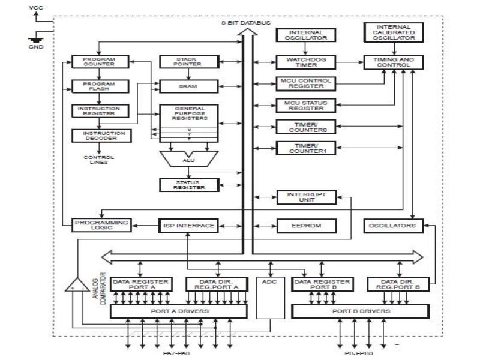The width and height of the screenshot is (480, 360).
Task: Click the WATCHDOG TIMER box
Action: [306, 62]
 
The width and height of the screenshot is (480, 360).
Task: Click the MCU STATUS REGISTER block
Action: [306, 106]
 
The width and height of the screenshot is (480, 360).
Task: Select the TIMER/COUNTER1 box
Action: [306, 148]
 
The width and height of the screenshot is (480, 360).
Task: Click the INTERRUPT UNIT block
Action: [306, 197]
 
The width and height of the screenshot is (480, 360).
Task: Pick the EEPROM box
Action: [306, 226]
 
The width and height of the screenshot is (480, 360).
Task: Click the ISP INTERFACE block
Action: [188, 226]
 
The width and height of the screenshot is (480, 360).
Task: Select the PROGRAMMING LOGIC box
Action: [101, 226]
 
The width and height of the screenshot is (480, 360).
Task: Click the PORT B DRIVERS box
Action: [361, 311]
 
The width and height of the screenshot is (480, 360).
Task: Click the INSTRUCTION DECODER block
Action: [98, 136]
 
